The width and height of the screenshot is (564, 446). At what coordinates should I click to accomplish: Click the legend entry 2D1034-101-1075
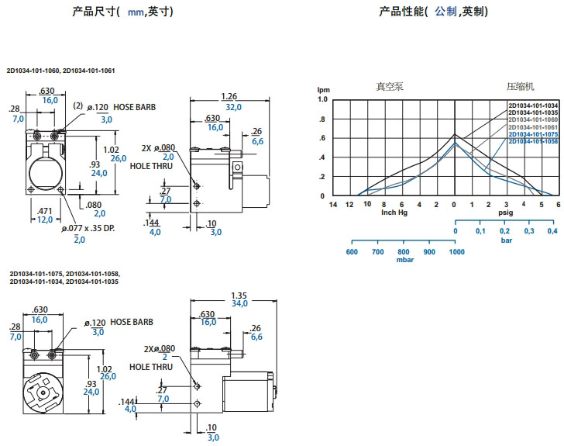coord(533,135)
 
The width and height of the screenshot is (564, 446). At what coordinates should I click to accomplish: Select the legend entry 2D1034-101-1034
coord(533,105)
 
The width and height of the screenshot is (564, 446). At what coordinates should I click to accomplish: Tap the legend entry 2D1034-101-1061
coord(533,127)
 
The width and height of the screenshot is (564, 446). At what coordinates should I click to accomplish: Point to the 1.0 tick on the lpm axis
coord(323,100)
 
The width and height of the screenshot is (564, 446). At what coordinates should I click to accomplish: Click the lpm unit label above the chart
coord(323,91)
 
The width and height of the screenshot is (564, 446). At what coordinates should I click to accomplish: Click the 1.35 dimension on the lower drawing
coord(239,295)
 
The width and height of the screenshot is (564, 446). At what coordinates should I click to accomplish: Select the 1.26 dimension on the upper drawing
coord(229,97)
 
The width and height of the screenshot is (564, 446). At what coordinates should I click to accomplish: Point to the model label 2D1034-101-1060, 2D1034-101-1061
coord(60,71)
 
